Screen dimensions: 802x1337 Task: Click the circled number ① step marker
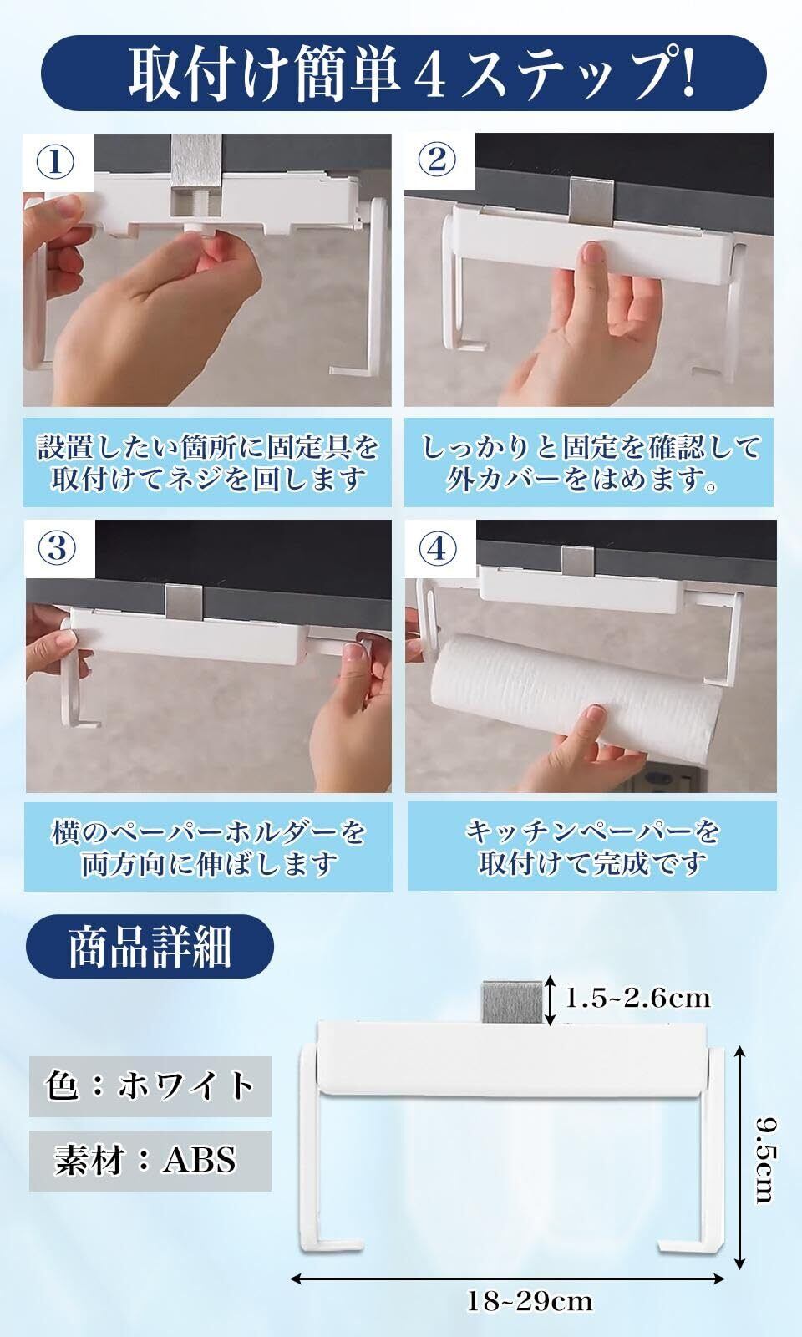click(x=55, y=162)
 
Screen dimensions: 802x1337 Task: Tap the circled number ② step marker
click(x=438, y=160)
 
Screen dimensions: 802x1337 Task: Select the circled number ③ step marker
click(x=58, y=548)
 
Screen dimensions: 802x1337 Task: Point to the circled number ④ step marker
click(x=439, y=548)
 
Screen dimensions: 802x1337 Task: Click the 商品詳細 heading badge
click(x=150, y=946)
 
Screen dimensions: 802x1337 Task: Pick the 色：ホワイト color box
click(x=150, y=1085)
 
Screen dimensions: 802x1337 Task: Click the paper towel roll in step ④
click(x=577, y=694)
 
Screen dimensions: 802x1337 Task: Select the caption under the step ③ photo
click(x=208, y=846)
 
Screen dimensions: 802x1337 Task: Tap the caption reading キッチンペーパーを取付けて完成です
click(x=592, y=846)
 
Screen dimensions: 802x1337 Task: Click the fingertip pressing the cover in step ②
click(x=592, y=257)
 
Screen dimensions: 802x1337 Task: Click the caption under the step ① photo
click(x=207, y=463)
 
